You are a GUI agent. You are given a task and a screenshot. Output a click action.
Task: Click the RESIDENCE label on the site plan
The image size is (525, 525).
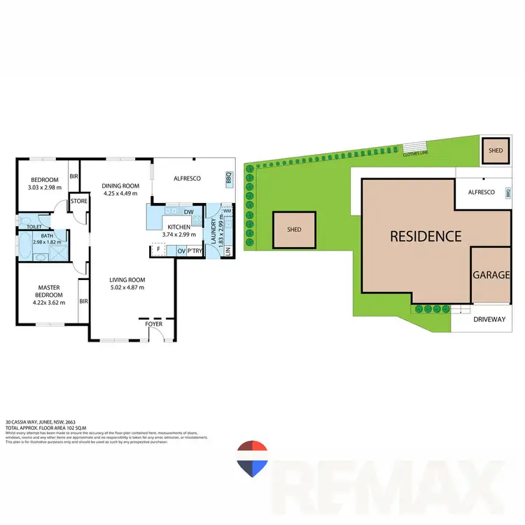(x=426, y=236)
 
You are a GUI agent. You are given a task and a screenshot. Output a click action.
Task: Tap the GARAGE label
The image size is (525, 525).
(x=491, y=275)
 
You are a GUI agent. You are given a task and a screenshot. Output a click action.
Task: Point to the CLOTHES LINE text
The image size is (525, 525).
(x=415, y=153)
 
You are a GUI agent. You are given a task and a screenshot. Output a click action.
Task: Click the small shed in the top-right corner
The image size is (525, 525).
(x=496, y=150)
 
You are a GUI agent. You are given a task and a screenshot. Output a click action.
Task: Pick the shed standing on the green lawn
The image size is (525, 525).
(x=294, y=230)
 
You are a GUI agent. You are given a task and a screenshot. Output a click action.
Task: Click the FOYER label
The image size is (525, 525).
(x=153, y=324)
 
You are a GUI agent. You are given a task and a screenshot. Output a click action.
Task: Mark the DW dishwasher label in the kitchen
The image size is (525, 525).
(x=188, y=212)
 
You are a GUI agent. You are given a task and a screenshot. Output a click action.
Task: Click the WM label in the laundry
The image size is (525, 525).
(x=226, y=210)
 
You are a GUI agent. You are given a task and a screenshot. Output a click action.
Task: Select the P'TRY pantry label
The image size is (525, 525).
(x=195, y=251)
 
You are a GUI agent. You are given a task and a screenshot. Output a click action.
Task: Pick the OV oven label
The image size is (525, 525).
(x=181, y=251)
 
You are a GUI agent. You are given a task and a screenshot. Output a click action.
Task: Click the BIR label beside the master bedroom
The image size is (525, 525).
(x=83, y=302)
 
